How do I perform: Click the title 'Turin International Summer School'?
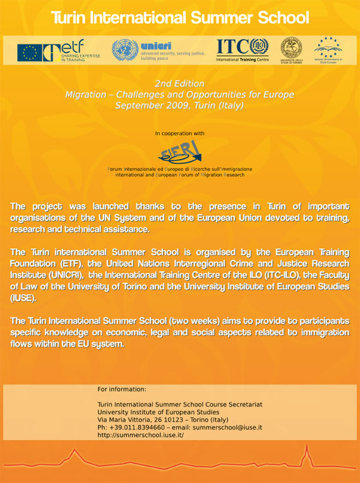(180, 17)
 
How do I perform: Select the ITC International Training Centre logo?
(243, 50)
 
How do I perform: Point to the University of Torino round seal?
(291, 50)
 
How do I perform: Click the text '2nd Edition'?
(179, 84)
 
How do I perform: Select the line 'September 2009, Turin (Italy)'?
(179, 105)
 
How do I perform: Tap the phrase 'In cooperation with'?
(179, 134)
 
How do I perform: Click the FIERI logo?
(180, 152)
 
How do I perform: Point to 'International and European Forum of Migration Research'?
(179, 175)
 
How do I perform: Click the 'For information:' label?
(122, 389)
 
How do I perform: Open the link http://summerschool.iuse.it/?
(140, 436)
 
